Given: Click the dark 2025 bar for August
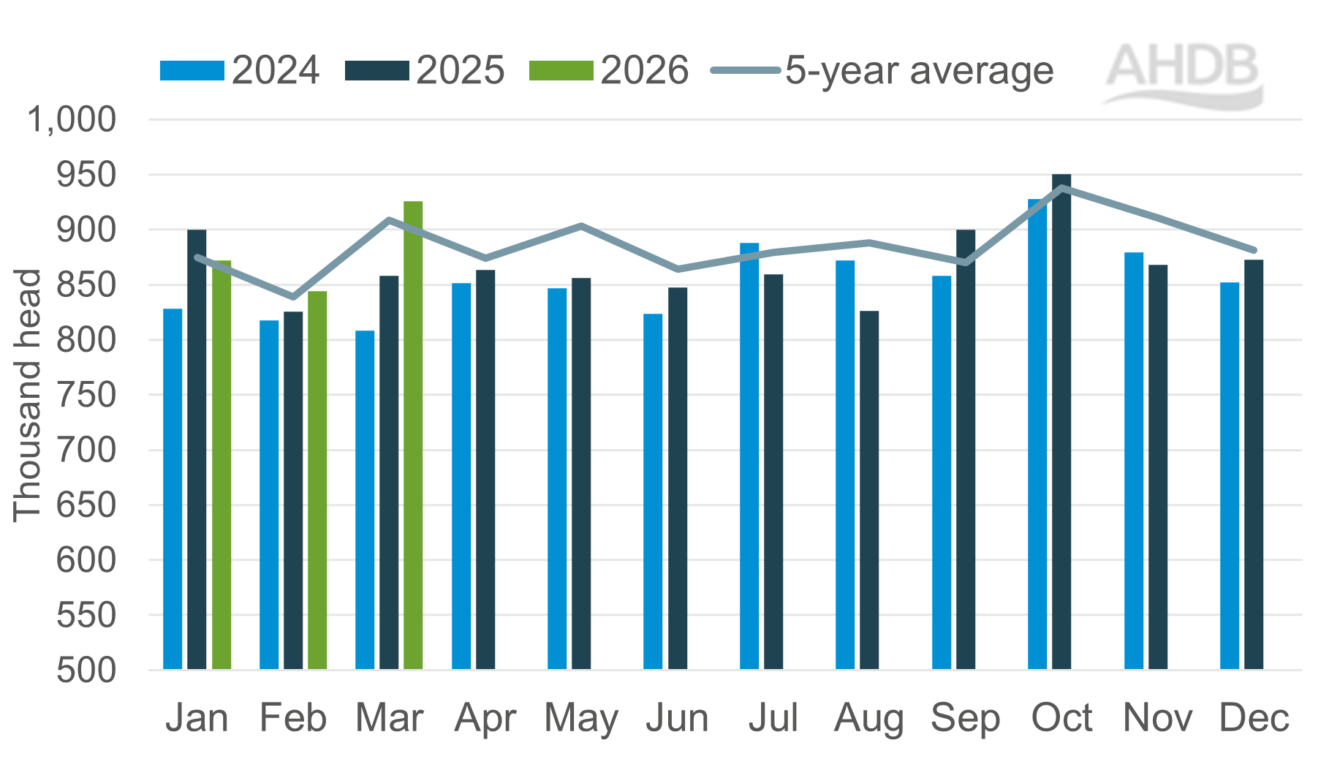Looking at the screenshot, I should click(x=869, y=490).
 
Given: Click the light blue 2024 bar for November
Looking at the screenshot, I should click(x=1134, y=461).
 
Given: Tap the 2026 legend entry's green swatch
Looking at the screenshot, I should click(x=561, y=71).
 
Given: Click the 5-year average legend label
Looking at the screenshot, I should click(x=919, y=71).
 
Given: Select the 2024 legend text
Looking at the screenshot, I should click(x=276, y=71).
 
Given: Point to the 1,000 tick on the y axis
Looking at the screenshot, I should click(x=72, y=119).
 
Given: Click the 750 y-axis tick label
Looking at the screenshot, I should click(x=86, y=395).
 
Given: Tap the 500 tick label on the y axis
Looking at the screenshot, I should click(x=86, y=670).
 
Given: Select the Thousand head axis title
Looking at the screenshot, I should click(x=28, y=395).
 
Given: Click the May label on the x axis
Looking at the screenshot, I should click(x=581, y=718).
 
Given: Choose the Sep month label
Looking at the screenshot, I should click(x=965, y=718).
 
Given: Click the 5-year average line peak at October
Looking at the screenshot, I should click(x=1061, y=188).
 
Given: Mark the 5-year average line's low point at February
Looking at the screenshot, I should click(x=293, y=297).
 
